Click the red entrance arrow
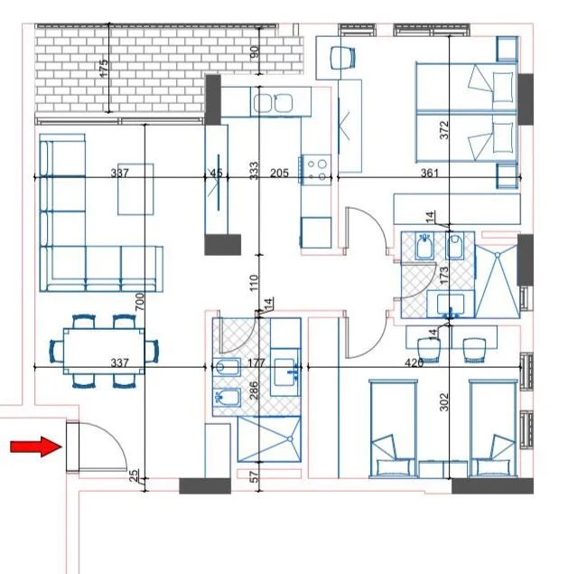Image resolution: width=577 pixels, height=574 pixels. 35,447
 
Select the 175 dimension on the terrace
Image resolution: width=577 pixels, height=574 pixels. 104,67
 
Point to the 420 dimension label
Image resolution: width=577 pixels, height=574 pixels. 414,363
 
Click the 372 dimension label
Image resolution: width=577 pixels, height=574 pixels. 443,130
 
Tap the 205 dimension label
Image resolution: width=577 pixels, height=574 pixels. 279,173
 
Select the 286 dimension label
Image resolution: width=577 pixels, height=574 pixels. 254,390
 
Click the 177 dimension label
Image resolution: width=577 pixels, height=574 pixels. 256,363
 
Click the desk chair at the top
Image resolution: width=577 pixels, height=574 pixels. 341,56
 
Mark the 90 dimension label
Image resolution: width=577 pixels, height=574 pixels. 254,52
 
